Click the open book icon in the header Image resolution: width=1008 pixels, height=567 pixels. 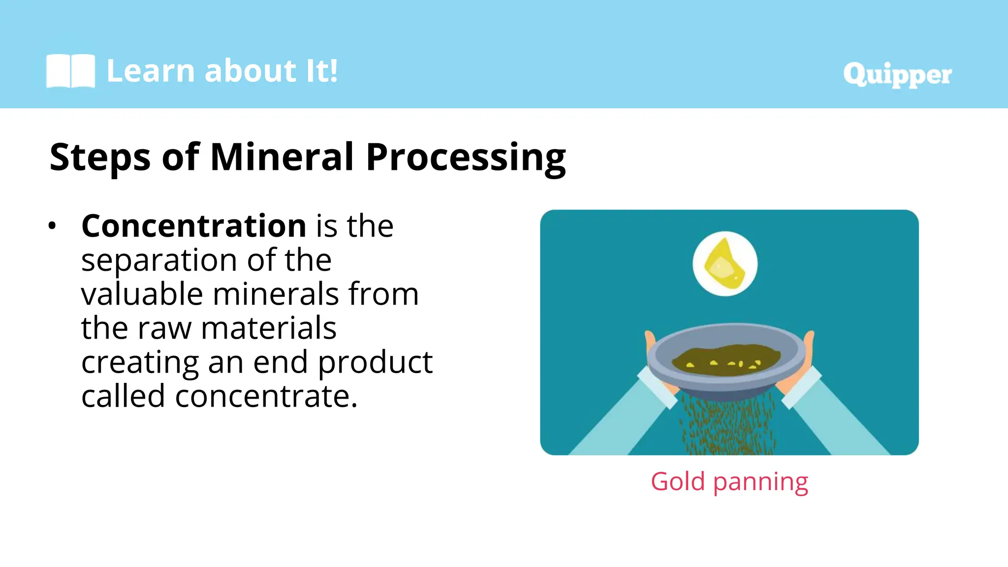click(70, 71)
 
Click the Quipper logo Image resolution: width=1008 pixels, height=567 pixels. click(897, 75)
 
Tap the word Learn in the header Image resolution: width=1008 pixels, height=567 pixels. click(151, 71)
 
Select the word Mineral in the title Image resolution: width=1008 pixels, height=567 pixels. click(282, 157)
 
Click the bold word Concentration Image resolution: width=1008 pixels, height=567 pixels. click(194, 226)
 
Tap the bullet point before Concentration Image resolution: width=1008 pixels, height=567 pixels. click(52, 226)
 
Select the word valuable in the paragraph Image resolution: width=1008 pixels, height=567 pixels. click(141, 294)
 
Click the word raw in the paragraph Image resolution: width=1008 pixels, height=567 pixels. click(164, 329)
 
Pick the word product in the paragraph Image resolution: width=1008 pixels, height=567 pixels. click(375, 363)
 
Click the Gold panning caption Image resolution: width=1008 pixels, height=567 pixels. click(729, 481)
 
